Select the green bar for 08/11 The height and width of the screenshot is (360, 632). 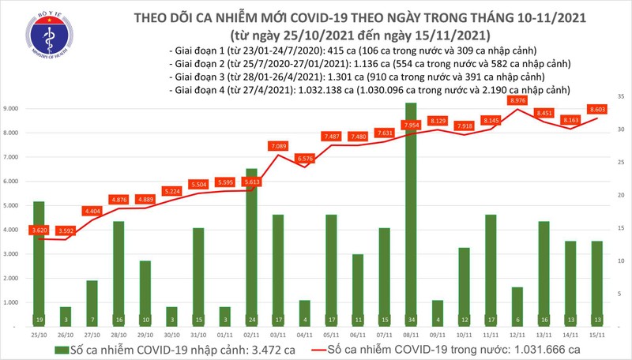point(411,213)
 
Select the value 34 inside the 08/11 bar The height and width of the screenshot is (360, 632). point(411,319)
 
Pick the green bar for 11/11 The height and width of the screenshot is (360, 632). point(490,268)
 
